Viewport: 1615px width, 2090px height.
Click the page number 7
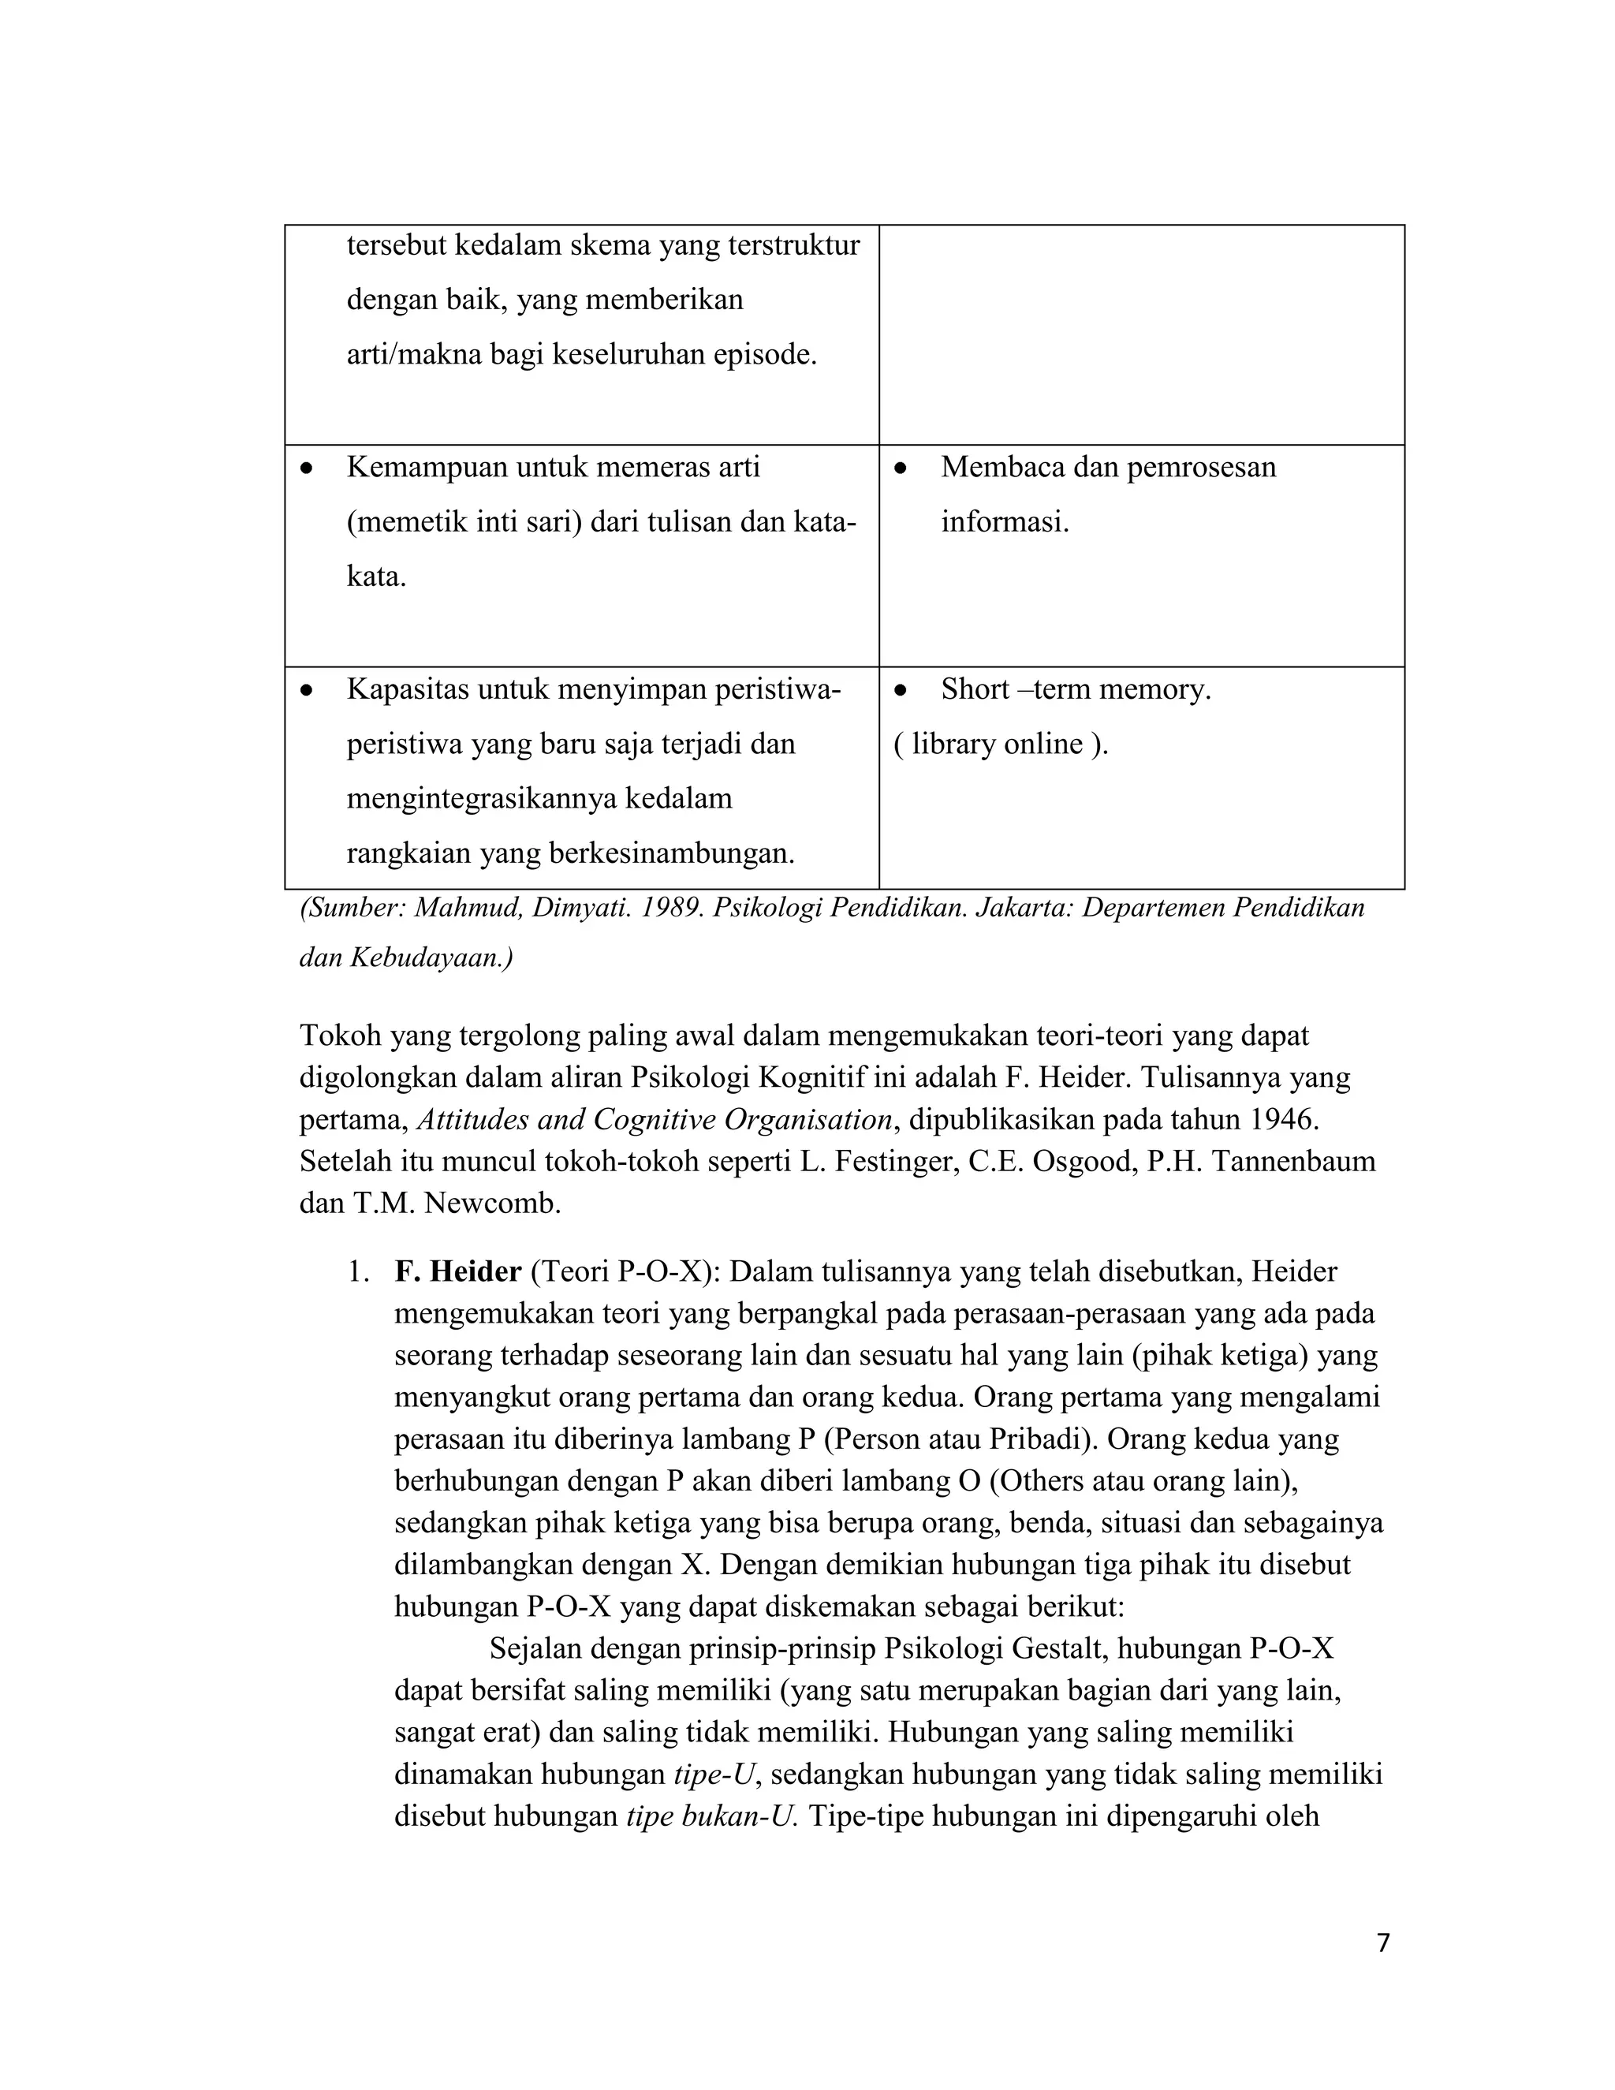[x=1382, y=1943]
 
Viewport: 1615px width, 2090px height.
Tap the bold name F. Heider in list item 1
[x=457, y=1272]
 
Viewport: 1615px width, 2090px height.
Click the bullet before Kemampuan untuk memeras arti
[x=306, y=469]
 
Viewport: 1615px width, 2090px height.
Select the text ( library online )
[x=1000, y=744]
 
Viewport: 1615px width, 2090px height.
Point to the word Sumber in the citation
[x=350, y=907]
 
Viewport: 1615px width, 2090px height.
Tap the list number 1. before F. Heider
[x=358, y=1272]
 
